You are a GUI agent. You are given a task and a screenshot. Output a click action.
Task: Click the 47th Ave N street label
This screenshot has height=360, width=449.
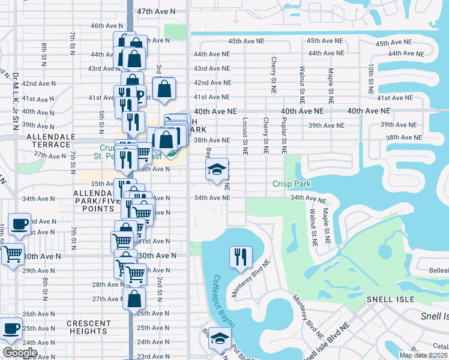(x=156, y=11)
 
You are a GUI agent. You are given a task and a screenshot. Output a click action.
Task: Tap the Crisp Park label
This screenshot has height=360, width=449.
(x=292, y=184)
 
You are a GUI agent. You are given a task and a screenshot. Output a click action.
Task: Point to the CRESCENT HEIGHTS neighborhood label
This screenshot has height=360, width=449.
(x=89, y=327)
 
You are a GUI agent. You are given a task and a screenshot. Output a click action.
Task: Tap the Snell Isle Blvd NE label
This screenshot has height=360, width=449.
(x=324, y=341)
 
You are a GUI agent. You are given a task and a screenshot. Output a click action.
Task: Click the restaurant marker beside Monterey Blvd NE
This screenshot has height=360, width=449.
(x=238, y=257)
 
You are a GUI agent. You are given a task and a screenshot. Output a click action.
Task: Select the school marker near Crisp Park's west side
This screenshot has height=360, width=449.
(x=217, y=169)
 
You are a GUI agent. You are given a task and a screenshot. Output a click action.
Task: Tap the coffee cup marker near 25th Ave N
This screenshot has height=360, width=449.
(x=12, y=328)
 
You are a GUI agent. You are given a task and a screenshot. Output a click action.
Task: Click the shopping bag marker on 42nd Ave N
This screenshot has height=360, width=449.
(x=163, y=89)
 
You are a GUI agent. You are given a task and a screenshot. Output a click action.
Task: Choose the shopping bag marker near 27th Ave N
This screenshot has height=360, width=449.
(x=134, y=298)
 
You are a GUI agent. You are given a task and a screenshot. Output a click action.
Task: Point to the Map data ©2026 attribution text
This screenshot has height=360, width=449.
(x=424, y=355)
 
